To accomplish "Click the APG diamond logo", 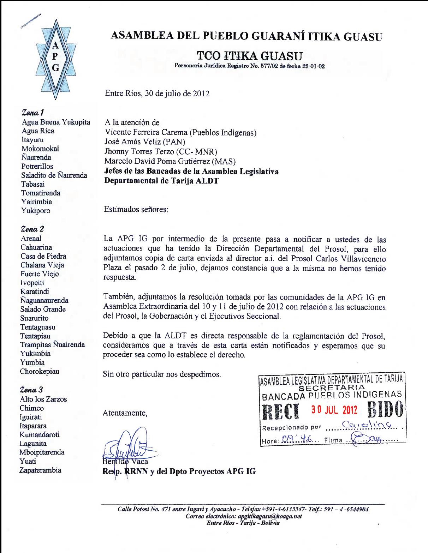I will (55, 57).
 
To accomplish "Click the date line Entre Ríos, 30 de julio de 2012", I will (157, 94).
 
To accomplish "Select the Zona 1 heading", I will (33, 113).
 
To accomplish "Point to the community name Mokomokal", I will (40, 149).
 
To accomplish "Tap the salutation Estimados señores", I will (136, 209).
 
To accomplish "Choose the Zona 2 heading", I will (32, 229).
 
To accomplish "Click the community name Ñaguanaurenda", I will (44, 300).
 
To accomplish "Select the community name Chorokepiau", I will (40, 371).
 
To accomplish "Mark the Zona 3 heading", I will (32, 390).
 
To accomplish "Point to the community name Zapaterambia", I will (41, 470).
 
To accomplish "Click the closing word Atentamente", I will (125, 413).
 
